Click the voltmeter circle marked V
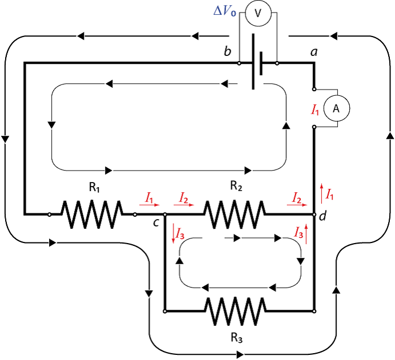pos(258,14)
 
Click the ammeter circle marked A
pos(336,108)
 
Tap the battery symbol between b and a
pos(258,64)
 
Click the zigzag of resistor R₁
pos(91,215)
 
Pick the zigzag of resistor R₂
pos(235,215)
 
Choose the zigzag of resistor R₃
pos(236,312)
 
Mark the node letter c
pos(155,223)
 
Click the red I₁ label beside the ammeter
pos(315,109)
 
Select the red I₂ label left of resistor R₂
pos(183,197)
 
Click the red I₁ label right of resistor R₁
pos(150,197)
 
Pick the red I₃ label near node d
pos(298,232)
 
